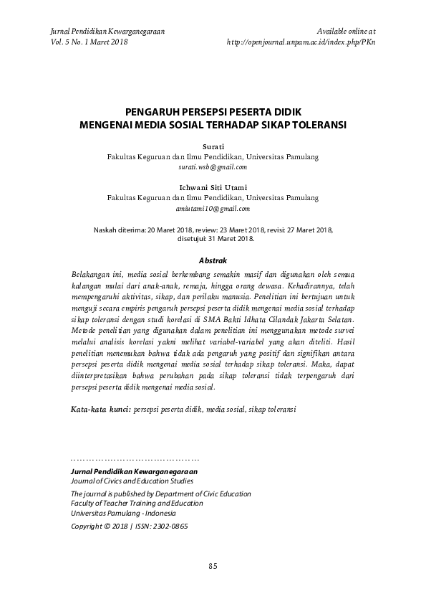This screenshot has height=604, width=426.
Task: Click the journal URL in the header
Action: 301,42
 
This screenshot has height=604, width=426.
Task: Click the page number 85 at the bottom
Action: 213,566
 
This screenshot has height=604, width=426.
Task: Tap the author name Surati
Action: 213,146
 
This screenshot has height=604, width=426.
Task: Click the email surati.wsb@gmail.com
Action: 213,166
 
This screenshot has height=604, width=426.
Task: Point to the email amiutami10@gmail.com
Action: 213,209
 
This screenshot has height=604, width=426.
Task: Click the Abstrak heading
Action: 213,260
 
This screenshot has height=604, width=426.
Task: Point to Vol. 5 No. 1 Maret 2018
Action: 89,42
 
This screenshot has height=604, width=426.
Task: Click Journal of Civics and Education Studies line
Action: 132,481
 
